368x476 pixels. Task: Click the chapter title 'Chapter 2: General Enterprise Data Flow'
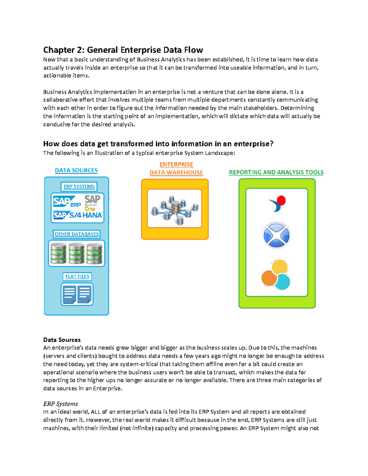pyautogui.click(x=123, y=50)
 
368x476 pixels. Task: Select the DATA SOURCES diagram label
pyautogui.click(x=76, y=170)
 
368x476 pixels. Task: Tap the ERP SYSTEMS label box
pyautogui.click(x=79, y=186)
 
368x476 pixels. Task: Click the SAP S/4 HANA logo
pyautogui.click(x=78, y=215)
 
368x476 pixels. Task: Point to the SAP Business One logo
pyautogui.click(x=92, y=203)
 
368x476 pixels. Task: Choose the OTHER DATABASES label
pyautogui.click(x=77, y=234)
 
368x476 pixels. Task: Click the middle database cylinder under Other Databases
pyautogui.click(x=76, y=253)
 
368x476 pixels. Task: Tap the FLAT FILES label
pyautogui.click(x=77, y=276)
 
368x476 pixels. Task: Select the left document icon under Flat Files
pyautogui.click(x=69, y=294)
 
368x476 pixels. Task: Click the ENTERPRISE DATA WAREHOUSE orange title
pyautogui.click(x=176, y=169)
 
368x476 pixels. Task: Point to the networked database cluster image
pyautogui.click(x=174, y=208)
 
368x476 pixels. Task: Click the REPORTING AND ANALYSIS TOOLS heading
pyautogui.click(x=276, y=172)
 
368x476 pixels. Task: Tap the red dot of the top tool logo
pyautogui.click(x=281, y=200)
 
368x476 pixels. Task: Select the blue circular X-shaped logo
pyautogui.click(x=276, y=235)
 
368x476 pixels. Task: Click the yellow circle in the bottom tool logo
pyautogui.click(x=280, y=267)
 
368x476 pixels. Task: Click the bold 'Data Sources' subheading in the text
pyautogui.click(x=62, y=340)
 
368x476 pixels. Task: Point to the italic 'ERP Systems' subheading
pyautogui.click(x=60, y=404)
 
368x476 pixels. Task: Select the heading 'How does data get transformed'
pyautogui.click(x=158, y=144)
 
